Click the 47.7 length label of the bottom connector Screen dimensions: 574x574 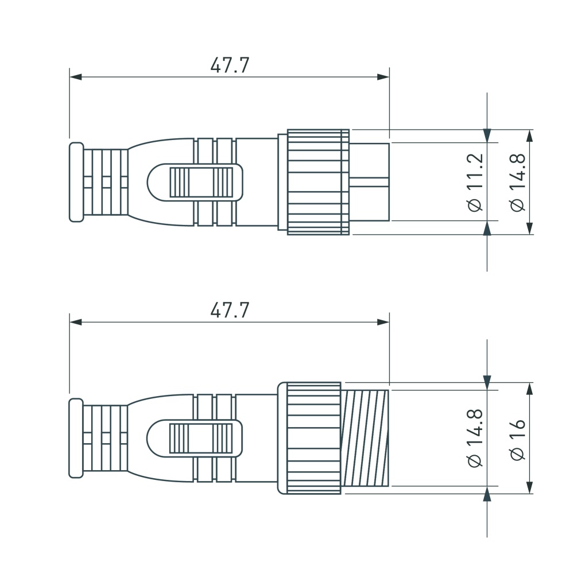coord(230,311)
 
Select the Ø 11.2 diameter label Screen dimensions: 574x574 coord(476,183)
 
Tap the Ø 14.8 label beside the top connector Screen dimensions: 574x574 coord(517,183)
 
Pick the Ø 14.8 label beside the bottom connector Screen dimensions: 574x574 coord(476,438)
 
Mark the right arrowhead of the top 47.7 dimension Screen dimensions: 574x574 coord(383,77)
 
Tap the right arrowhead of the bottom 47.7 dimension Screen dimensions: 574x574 coord(383,322)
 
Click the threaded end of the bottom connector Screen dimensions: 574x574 coord(365,438)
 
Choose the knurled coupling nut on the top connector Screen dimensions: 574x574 coord(317,182)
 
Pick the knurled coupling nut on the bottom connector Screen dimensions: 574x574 coord(313,438)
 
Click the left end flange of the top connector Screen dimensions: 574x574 coord(76,182)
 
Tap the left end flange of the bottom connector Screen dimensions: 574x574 coord(76,438)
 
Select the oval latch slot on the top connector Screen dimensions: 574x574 coord(195,182)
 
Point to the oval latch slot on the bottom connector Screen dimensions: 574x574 coord(195,438)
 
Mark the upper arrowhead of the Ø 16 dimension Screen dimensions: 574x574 coord(529,390)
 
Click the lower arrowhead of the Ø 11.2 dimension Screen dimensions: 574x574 coord(487,228)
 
